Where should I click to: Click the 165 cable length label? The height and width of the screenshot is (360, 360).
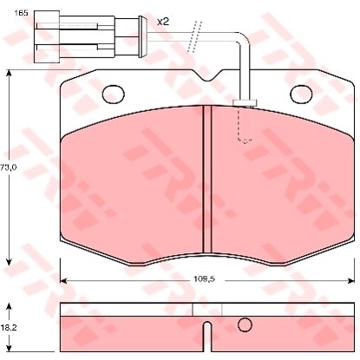(x=21, y=13)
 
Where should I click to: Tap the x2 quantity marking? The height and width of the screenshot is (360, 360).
(x=163, y=22)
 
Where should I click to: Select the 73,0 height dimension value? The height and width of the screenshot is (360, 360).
(x=9, y=167)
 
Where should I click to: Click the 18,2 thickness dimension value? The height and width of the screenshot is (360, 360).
(x=9, y=328)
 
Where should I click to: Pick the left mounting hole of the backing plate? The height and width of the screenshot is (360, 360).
(x=114, y=95)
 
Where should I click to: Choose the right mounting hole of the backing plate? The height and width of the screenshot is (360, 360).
(x=301, y=95)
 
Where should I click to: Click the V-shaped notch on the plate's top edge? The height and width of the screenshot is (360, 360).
(x=207, y=75)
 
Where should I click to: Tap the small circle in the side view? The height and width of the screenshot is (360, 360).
(x=245, y=324)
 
